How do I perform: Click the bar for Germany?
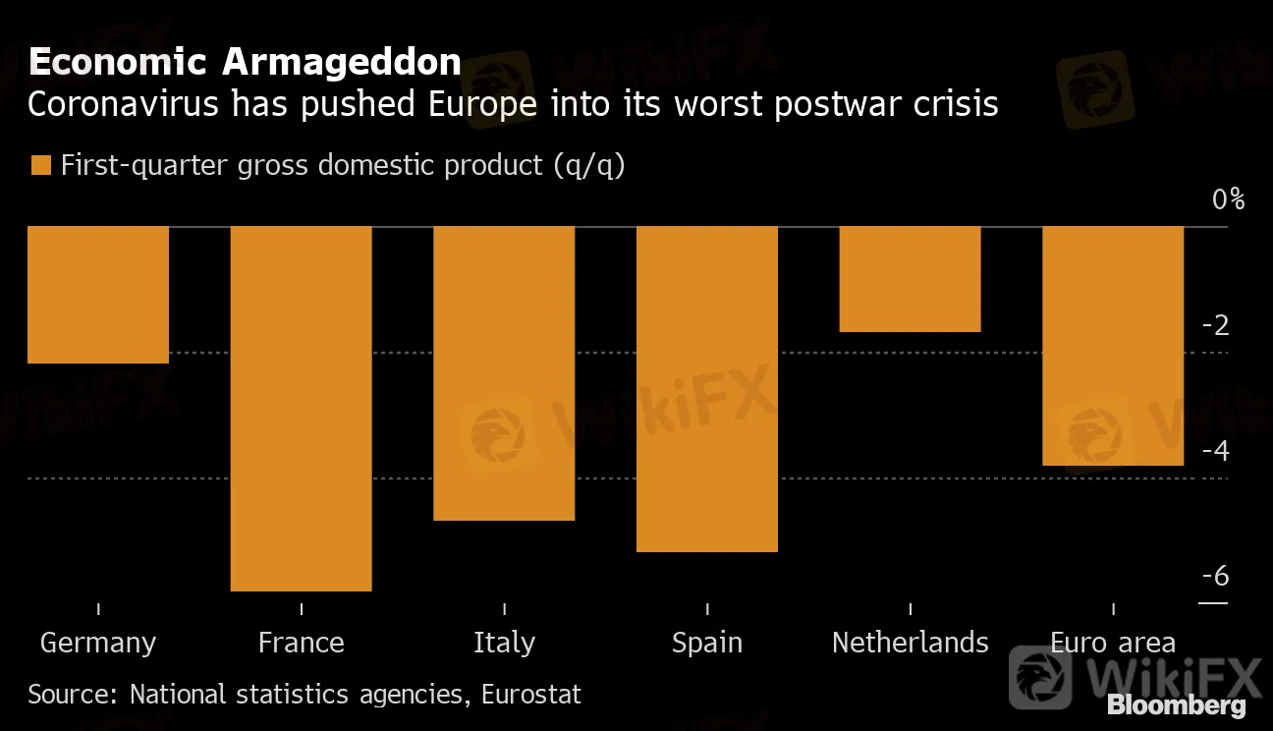click(98, 295)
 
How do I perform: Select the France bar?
click(301, 408)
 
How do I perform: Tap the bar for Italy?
click(504, 373)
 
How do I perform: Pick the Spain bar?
click(707, 388)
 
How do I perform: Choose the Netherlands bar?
click(911, 279)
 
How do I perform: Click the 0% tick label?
click(1228, 199)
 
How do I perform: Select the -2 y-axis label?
click(1216, 325)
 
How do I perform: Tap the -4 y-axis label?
click(1216, 451)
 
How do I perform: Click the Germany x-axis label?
click(98, 644)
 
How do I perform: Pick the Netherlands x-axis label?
click(911, 643)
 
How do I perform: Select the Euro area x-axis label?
click(1113, 643)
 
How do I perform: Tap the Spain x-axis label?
click(707, 644)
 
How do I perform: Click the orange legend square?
click(40, 165)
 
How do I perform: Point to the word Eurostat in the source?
click(530, 695)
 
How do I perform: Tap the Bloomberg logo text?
click(1176, 704)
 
